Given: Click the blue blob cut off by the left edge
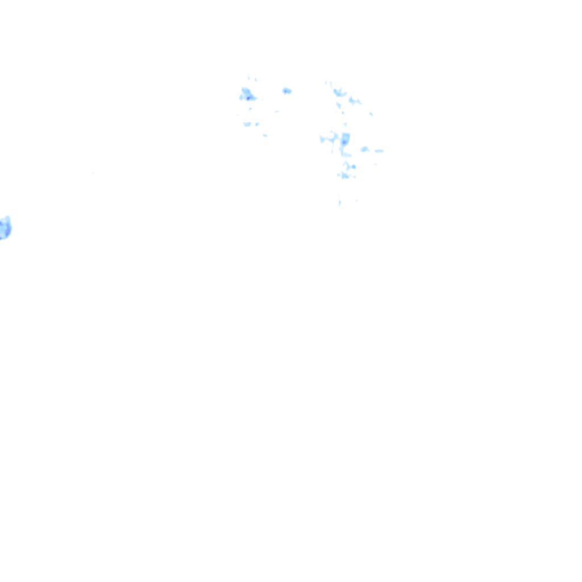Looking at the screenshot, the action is pos(5,228).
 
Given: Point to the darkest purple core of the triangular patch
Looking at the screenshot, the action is pos(248,98).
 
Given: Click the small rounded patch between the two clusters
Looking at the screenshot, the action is pos(286,91).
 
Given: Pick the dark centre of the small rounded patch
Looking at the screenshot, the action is pos(285,90).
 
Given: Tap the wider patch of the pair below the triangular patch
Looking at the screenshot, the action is pos(247,124).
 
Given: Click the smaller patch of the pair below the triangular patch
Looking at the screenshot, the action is pos(257,123).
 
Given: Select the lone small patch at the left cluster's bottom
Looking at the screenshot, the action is pos(265,135).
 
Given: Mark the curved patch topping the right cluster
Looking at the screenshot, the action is pos(340,92).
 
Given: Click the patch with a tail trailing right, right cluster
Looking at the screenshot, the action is pos(354,101).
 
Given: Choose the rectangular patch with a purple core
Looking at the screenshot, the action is pos(345,139).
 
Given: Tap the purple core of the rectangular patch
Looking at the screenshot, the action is pos(344,142).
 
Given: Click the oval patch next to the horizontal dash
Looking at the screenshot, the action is pos(364,149).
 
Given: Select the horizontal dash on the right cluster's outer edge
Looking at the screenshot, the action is pos(379,151).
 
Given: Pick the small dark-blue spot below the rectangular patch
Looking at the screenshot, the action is pos(353,167).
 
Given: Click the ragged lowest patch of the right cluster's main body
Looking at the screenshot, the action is pos(345,176).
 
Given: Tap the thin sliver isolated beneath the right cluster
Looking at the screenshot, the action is pos(339,201).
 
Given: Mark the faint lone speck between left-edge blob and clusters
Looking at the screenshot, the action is pos(93,173).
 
